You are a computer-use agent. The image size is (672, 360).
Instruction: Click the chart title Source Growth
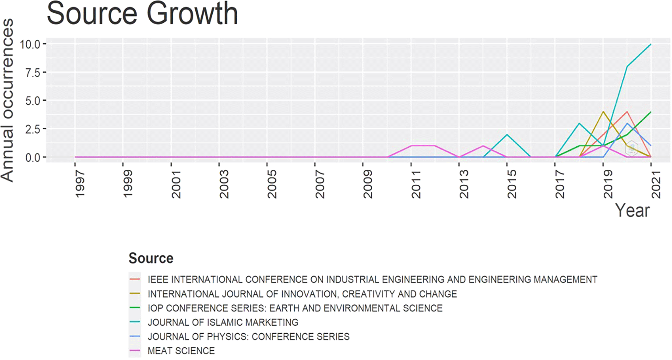tap(142, 14)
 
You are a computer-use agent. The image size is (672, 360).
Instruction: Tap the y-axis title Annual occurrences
tap(8, 100)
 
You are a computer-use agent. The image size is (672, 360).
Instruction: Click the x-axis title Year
tap(632, 211)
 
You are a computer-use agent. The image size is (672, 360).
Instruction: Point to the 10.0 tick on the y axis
tap(30, 44)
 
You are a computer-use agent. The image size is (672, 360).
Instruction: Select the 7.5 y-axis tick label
tap(32, 72)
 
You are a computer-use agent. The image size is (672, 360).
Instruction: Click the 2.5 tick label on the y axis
tap(32, 129)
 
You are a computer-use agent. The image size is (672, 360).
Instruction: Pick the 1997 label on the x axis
tap(80, 184)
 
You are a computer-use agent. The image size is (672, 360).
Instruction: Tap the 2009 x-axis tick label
tap(368, 184)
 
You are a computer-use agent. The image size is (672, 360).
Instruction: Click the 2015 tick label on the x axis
tap(512, 184)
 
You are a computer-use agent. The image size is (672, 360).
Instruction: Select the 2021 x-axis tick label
tap(656, 184)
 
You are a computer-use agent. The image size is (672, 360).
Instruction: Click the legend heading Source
tap(151, 258)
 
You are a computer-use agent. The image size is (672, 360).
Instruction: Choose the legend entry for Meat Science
tap(181, 351)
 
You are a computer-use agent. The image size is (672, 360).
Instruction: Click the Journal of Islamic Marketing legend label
tap(223, 322)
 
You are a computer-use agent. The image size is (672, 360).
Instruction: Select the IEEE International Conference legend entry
tap(372, 279)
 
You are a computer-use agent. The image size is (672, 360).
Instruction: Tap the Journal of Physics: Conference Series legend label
tap(248, 337)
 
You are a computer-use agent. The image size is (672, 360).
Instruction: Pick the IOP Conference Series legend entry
tap(295, 308)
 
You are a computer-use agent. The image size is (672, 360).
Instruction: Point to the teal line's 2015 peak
tap(507, 134)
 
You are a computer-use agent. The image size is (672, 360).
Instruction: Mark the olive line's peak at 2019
tap(603, 112)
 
